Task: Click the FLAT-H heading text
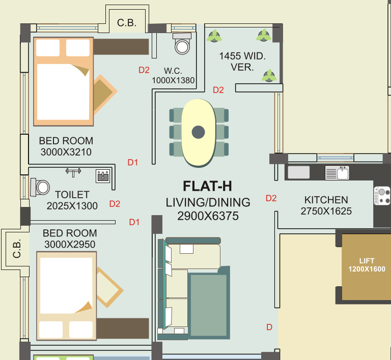click(207, 186)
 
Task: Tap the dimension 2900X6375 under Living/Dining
click(208, 216)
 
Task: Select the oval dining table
click(198, 132)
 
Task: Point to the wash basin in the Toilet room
click(103, 176)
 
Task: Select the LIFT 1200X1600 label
click(367, 265)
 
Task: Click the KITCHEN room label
click(326, 200)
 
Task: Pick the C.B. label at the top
click(126, 23)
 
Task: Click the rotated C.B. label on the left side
click(17, 249)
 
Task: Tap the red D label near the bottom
click(269, 327)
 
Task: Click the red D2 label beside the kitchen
click(271, 198)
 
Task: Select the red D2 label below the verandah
click(218, 90)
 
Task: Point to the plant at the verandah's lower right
click(269, 76)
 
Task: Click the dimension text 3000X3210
click(66, 152)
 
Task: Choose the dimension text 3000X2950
click(70, 244)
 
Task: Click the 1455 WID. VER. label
click(242, 62)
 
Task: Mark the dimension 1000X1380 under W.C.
click(173, 80)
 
